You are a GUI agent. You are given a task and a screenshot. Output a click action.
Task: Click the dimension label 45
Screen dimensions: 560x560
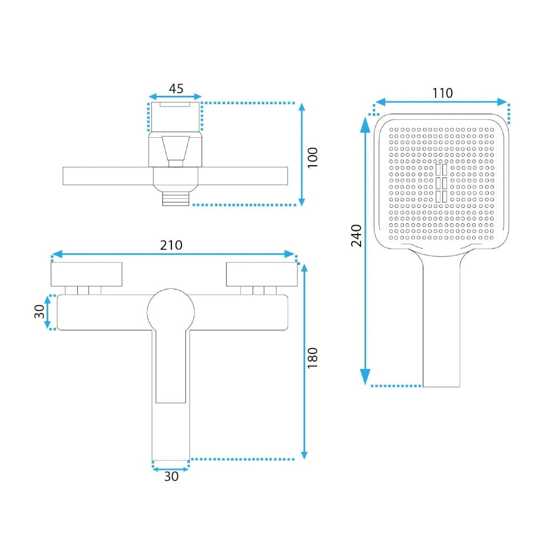[x=176, y=88]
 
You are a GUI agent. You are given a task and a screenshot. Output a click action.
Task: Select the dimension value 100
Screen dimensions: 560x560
[x=312, y=157]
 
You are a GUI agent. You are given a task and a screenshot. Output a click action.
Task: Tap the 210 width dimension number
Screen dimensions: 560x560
[x=171, y=245]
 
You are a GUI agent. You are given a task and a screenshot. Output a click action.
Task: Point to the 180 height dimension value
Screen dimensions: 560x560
[x=312, y=357]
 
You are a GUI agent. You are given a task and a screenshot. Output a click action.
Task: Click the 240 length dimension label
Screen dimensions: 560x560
[x=356, y=236]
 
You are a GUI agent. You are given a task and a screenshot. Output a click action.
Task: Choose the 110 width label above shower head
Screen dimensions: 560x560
[x=442, y=93]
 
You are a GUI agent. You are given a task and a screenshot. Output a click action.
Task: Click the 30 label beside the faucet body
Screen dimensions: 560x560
[x=39, y=311]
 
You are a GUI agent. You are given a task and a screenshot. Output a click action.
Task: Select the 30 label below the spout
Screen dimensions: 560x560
[x=171, y=477]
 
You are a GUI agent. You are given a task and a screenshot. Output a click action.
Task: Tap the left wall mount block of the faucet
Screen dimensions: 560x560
[x=86, y=274]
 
